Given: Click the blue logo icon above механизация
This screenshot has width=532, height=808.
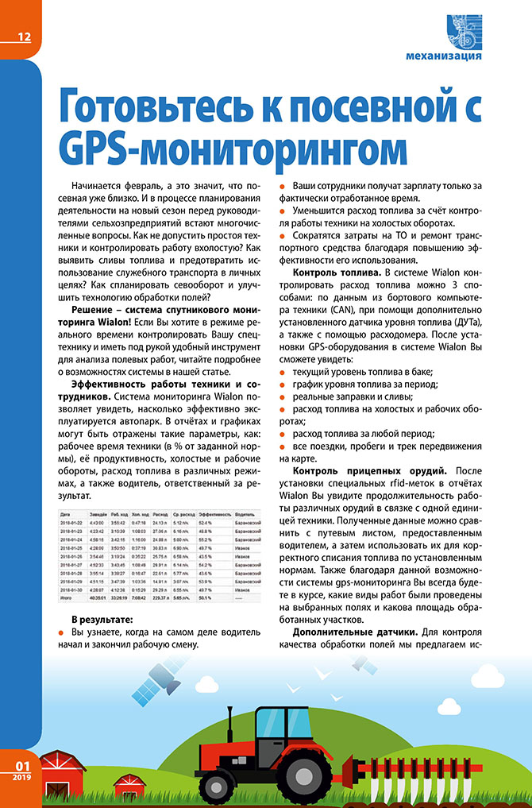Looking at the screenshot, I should pyautogui.click(x=465, y=30).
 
